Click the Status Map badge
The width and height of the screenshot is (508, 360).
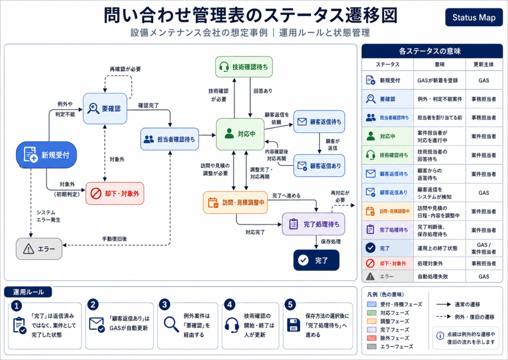tap(474, 17)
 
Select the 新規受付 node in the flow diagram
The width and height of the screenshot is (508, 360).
tap(46, 155)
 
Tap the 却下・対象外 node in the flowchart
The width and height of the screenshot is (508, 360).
tap(115, 193)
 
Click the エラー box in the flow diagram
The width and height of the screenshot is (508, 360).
tap(39, 249)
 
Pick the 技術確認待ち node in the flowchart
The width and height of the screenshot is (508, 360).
tap(244, 67)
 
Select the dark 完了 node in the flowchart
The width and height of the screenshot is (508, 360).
tap(316, 260)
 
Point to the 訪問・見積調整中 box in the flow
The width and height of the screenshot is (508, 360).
tap(235, 203)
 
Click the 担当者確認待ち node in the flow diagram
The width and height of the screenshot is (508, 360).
tap(170, 139)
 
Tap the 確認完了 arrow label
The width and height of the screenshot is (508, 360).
tap(148, 105)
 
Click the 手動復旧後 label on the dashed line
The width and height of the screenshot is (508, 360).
tap(115, 239)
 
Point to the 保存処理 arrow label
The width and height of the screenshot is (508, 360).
tap(331, 242)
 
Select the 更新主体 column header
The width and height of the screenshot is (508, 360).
tap(484, 64)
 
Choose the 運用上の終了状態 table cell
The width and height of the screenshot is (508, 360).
tap(438, 248)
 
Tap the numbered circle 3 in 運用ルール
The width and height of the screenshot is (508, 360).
tap(165, 304)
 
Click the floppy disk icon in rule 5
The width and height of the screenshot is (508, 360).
tap(294, 325)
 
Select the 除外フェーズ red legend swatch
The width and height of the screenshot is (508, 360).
tap(372, 338)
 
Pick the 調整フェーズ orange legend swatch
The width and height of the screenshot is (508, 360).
tap(372, 321)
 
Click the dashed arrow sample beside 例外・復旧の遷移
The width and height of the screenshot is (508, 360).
tap(444, 316)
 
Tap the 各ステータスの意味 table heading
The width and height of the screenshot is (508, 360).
tap(430, 51)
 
